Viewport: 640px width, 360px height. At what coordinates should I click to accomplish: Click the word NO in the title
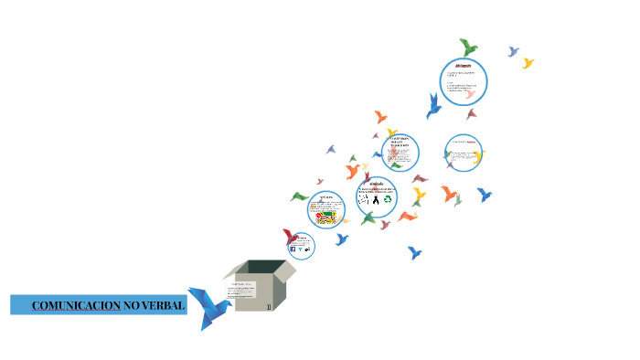[132, 305]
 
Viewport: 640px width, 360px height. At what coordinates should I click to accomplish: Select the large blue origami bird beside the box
[206, 306]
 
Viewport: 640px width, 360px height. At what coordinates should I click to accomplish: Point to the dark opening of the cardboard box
[267, 267]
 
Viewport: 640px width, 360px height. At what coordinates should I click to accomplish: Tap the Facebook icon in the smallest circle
[293, 249]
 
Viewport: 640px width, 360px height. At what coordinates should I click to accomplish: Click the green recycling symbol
[389, 197]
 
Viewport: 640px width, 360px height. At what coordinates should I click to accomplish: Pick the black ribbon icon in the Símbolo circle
[376, 198]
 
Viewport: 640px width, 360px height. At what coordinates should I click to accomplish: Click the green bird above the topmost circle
[468, 47]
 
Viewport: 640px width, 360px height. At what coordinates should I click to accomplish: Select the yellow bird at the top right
[528, 63]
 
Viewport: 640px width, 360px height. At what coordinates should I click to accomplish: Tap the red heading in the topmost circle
[463, 67]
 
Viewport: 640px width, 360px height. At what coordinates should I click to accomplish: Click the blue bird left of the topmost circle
[433, 106]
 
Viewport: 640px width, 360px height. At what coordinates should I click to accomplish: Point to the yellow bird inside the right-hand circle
[475, 156]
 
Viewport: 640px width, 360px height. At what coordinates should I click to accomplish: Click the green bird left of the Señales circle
[299, 196]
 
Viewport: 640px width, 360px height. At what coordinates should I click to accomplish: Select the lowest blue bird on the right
[414, 252]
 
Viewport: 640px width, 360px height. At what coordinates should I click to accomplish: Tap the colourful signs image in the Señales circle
[326, 216]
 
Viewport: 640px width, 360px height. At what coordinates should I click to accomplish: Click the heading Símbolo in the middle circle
[376, 184]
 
